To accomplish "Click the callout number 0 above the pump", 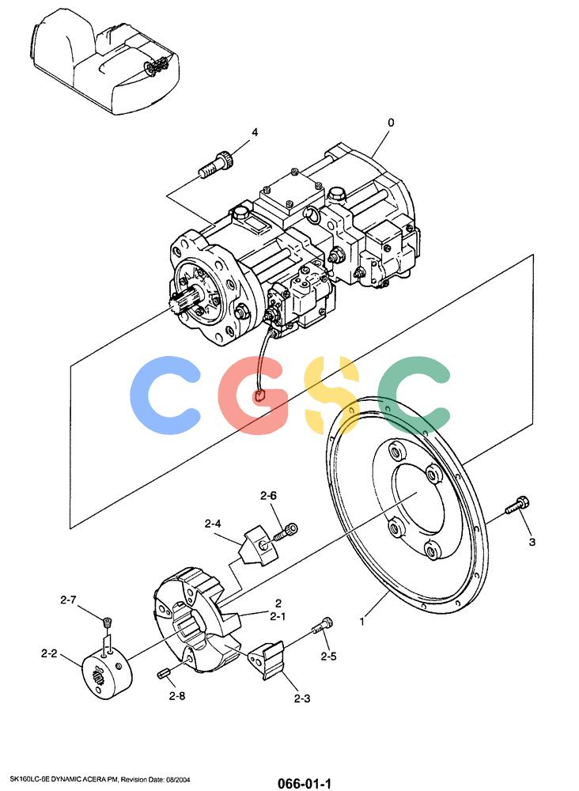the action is point(391,123).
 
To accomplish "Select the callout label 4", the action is point(255,132).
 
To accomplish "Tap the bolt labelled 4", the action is point(217,164).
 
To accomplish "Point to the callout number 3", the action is point(532,542).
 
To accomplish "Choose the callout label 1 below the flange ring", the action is point(361,622).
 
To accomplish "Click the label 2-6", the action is point(268,496).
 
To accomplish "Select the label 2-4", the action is point(213,524).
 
